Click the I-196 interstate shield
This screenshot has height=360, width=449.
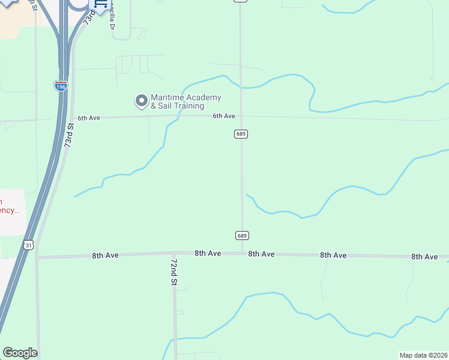(61, 86)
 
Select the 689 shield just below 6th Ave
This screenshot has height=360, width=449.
(241, 134)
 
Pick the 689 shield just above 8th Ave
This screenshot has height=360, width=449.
(241, 235)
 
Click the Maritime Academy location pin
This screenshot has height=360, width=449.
(141, 101)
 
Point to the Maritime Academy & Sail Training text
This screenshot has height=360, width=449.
(186, 101)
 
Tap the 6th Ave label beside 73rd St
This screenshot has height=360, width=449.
(88, 118)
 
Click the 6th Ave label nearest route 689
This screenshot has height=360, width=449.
(223, 116)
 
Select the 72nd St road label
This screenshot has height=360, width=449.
(174, 272)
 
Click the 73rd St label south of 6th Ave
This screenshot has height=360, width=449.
(70, 136)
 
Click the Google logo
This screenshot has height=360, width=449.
(20, 353)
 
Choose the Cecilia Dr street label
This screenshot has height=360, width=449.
(112, 19)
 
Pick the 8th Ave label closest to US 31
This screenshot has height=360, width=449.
(105, 255)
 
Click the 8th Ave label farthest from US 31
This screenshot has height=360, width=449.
(424, 256)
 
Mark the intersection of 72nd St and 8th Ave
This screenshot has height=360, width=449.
(173, 254)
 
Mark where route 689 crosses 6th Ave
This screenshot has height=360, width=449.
(241, 116)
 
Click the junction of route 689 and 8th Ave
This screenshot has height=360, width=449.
(242, 254)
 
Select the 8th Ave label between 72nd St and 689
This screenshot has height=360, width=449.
(208, 253)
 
